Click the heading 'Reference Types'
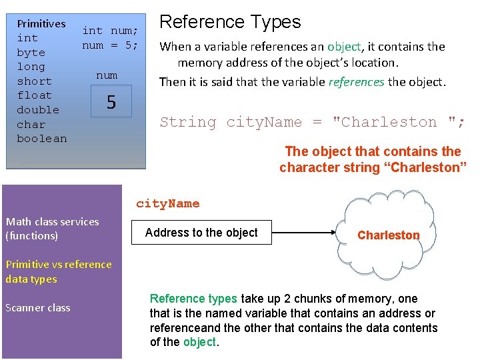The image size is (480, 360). coord(229,22)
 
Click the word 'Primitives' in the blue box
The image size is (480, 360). coord(41,23)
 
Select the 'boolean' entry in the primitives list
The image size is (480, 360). coord(41,139)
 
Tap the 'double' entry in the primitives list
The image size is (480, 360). coord(37,110)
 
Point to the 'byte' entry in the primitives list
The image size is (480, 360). coord(31,53)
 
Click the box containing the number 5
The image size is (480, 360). coord(111,102)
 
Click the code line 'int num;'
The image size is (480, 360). coord(110,31)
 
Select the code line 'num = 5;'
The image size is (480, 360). coord(110,45)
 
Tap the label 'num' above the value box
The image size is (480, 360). coord(107,75)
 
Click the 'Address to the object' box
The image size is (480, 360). coord(201,233)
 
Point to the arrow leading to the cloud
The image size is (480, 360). coord(303,233)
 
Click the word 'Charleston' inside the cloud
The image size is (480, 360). coord(389,235)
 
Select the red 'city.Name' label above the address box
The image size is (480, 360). coord(167,204)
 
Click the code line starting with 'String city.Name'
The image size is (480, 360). coord(312,122)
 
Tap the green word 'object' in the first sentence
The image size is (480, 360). coord(345,47)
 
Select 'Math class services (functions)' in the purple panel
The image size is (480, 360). coord(52,229)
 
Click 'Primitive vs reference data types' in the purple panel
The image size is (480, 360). coord(59,272)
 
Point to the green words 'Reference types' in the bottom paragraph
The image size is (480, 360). coord(193,299)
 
